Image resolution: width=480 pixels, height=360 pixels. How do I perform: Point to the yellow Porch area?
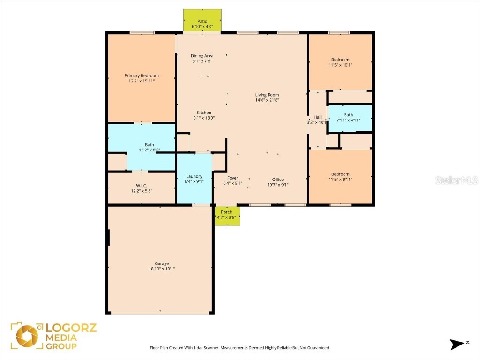pyautogui.click(x=227, y=215)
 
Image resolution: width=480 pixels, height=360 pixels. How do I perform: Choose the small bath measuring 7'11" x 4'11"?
pyautogui.click(x=349, y=118)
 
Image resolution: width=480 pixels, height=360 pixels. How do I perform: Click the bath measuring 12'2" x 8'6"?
pyautogui.click(x=150, y=148)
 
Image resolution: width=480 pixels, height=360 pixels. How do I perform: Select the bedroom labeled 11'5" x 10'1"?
pyautogui.click(x=340, y=62)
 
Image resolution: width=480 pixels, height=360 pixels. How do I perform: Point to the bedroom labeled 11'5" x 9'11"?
pyautogui.click(x=340, y=177)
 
